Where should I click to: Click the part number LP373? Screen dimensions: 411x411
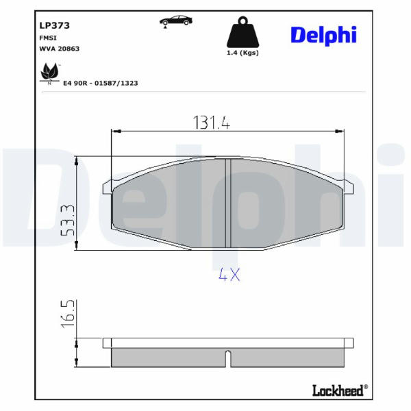click(x=55, y=25)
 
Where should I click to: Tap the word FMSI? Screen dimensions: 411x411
click(x=48, y=38)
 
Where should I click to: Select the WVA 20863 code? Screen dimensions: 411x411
click(x=59, y=49)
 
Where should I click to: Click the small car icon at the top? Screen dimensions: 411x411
click(x=176, y=21)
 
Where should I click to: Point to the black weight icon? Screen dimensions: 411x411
click(x=242, y=32)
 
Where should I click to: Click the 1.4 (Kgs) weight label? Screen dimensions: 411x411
click(x=242, y=53)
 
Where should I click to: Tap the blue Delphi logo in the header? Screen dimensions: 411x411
click(x=324, y=35)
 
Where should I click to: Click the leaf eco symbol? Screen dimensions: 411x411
click(x=49, y=74)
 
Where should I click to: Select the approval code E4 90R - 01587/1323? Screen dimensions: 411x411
click(x=101, y=83)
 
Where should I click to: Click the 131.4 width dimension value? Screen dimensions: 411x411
click(x=211, y=123)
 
